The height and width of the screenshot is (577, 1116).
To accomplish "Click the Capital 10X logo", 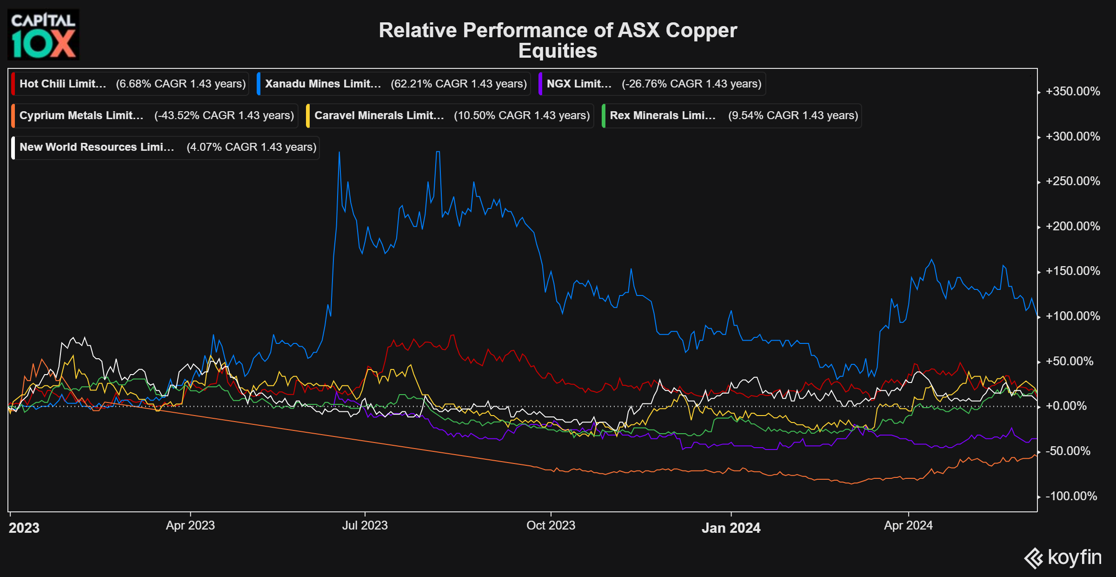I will (43, 35).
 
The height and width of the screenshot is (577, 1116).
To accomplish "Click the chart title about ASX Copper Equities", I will (558, 40).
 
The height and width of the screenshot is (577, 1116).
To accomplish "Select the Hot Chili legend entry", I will (130, 84).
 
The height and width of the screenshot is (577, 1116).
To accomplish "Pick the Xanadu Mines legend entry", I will (394, 84).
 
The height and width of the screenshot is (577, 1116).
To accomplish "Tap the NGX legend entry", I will (652, 84).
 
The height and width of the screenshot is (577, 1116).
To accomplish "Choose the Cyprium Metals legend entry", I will (155, 115).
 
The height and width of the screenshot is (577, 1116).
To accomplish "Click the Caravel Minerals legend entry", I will (451, 115).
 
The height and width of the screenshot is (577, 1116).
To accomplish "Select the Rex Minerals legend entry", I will (732, 115).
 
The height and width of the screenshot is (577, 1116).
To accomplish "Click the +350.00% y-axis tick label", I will (1073, 91).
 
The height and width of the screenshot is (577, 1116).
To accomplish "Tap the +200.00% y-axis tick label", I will (1073, 226).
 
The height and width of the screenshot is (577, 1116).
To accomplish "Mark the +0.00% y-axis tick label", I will (1066, 406).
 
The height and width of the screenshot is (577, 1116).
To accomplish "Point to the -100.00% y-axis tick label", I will (1071, 496).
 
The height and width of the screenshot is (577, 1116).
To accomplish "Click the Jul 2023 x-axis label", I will (365, 525).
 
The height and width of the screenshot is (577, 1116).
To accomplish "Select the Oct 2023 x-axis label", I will (551, 525).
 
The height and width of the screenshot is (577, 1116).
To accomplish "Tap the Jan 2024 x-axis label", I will (731, 528).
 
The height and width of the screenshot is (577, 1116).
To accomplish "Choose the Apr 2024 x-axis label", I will (908, 525).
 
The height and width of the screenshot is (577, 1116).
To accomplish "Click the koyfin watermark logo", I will (1063, 557).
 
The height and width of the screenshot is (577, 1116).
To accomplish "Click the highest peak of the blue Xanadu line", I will (438, 152).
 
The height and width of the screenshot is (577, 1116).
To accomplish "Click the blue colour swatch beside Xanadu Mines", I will (259, 84).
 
